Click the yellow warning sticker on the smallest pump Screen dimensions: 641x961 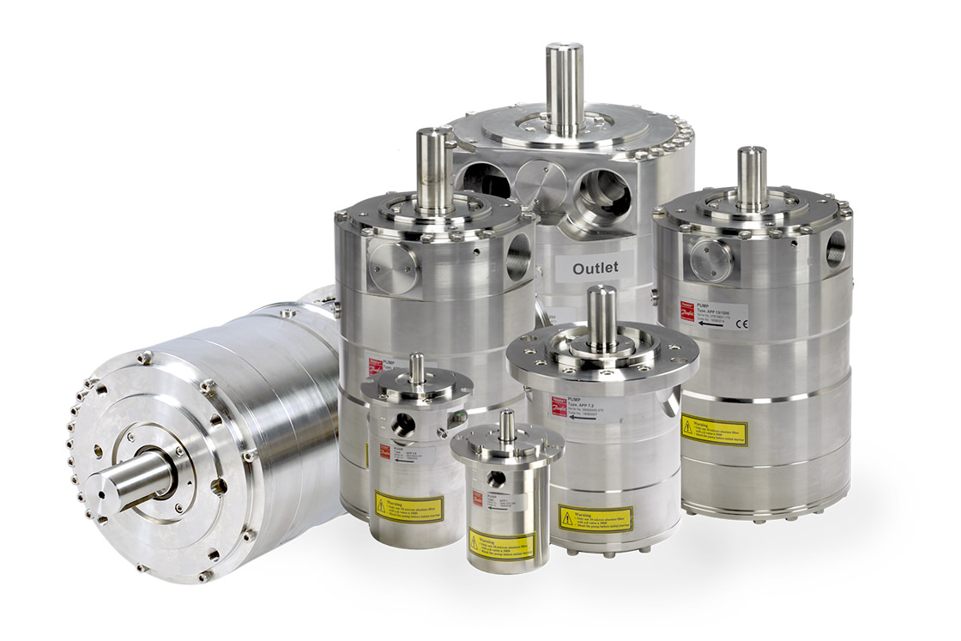click(x=502, y=544)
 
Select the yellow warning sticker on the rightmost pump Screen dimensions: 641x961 click(x=714, y=430)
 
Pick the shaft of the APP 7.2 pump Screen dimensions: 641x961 click(x=601, y=317)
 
